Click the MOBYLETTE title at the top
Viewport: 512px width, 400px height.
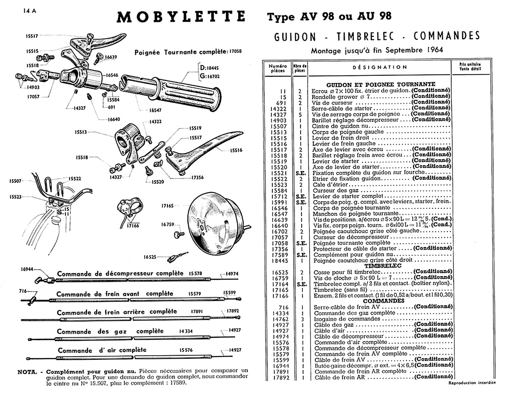click(x=181, y=17)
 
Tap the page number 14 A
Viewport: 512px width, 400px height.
click(x=30, y=11)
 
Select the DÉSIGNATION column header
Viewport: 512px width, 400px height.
click(x=380, y=67)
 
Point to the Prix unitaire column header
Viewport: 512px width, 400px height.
click(x=470, y=66)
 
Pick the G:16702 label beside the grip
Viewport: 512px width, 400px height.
click(x=209, y=76)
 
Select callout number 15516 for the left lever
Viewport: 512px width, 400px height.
click(x=236, y=150)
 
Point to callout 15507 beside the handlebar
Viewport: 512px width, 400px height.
click(x=15, y=181)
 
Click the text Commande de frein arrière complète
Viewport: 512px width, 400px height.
click(x=117, y=312)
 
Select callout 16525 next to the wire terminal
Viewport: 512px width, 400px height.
click(x=150, y=257)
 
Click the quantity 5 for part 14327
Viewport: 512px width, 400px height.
click(x=300, y=114)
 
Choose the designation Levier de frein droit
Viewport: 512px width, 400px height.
click(x=340, y=138)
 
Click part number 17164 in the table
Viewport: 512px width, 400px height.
click(x=280, y=284)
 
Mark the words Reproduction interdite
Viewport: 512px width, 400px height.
click(x=472, y=383)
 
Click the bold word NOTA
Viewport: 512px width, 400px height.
click(x=27, y=372)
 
